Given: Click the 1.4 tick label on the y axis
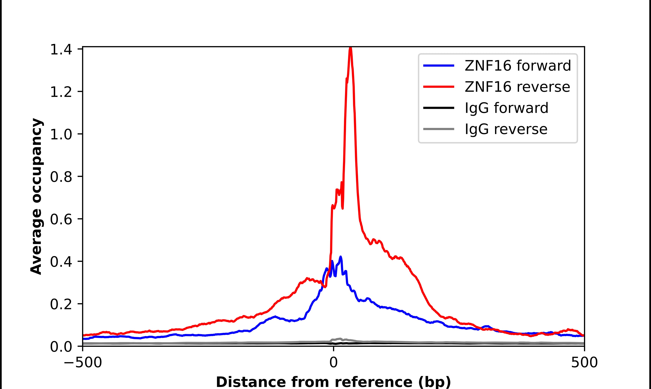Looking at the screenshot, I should tap(61, 50).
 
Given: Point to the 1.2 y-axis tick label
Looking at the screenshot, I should tap(61, 92).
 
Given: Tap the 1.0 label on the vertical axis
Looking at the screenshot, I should tap(61, 135).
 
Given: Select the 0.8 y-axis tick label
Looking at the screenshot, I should tap(61, 177).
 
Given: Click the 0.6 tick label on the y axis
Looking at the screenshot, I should tap(61, 220).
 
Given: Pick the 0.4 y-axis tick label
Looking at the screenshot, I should tap(61, 262).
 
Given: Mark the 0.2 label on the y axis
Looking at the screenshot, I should tap(61, 305).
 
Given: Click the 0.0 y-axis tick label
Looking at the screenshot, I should tap(61, 347).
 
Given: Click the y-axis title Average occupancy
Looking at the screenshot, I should tap(36, 197).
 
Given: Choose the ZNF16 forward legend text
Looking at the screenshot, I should tap(518, 66).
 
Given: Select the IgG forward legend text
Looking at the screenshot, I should tap(506, 108).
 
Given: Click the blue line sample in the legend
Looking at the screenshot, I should tap(439, 66).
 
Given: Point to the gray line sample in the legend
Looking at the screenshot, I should tap(439, 129).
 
